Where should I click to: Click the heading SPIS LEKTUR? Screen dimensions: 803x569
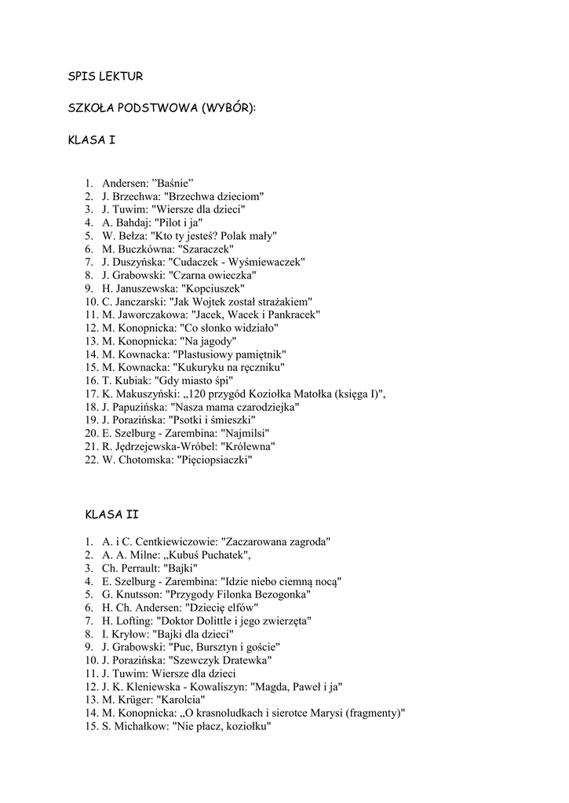(105, 76)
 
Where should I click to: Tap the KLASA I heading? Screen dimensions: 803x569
(92, 140)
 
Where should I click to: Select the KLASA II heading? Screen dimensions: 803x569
(111, 514)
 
